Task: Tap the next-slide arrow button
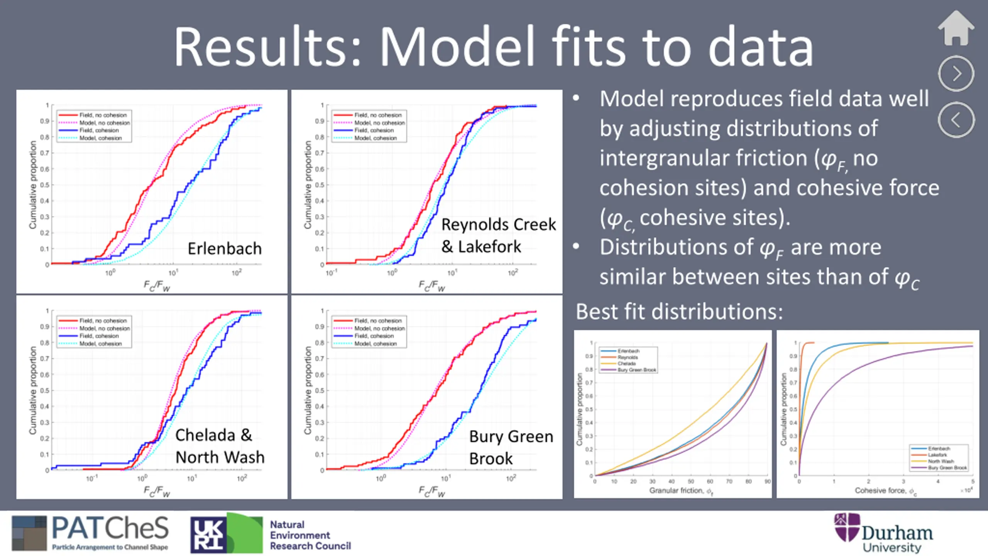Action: point(956,74)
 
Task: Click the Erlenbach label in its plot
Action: point(225,249)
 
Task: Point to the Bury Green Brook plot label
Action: point(511,448)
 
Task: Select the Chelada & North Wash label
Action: point(220,446)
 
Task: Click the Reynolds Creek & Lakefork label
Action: point(498,235)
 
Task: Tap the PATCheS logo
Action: point(90,534)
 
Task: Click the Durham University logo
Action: point(884,533)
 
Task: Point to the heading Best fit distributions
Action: point(679,311)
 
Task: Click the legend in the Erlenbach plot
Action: point(94,126)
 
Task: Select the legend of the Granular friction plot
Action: point(628,360)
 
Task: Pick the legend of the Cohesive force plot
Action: point(939,458)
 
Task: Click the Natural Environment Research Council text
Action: point(310,535)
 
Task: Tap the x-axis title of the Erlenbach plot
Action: point(157,286)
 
